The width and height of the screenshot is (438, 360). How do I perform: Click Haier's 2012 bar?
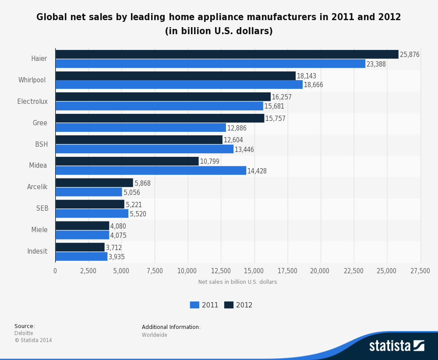click(x=227, y=54)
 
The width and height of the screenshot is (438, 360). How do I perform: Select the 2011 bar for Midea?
click(x=151, y=171)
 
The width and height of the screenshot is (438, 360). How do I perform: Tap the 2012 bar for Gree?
click(x=160, y=118)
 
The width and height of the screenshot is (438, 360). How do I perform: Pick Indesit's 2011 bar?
click(x=81, y=257)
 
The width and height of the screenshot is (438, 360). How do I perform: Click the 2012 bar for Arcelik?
click(x=94, y=183)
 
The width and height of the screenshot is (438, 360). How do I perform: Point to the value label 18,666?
click(x=313, y=85)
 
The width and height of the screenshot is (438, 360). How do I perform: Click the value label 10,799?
click(x=209, y=162)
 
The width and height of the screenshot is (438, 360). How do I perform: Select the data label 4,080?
click(x=118, y=226)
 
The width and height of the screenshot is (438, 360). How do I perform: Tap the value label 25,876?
click(x=410, y=55)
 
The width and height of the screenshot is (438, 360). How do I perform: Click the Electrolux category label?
click(x=32, y=102)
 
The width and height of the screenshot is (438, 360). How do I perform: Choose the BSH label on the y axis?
click(x=42, y=145)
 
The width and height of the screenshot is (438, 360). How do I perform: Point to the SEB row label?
click(x=42, y=208)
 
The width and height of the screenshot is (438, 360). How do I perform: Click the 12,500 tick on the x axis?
click(x=221, y=271)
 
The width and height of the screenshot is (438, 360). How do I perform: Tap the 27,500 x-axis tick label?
click(x=420, y=271)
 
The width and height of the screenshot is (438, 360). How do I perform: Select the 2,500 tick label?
click(x=88, y=271)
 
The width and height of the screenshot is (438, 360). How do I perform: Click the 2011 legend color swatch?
click(x=194, y=305)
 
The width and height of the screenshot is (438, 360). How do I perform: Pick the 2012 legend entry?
click(x=238, y=305)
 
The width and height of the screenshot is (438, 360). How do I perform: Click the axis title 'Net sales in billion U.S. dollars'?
click(x=237, y=282)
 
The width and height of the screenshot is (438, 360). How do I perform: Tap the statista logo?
click(x=396, y=346)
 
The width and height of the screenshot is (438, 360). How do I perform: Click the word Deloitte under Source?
click(x=24, y=333)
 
